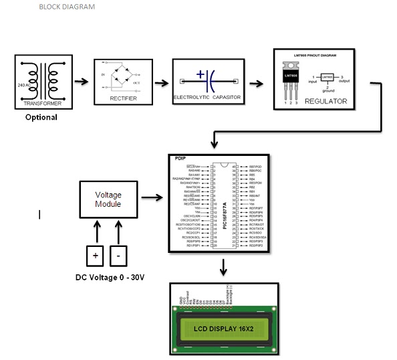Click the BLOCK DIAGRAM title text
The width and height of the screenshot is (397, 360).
pyautogui.click(x=67, y=7)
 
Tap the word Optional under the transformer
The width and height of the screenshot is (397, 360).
pyautogui.click(x=41, y=118)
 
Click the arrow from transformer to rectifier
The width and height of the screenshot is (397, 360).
pyautogui.click(x=81, y=83)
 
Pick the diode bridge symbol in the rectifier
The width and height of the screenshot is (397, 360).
pyautogui.click(x=120, y=76)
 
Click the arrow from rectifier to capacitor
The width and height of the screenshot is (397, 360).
pyautogui.click(x=161, y=83)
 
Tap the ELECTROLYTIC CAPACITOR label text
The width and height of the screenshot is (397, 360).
pyautogui.click(x=207, y=98)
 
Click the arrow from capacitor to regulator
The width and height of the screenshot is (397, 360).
pyautogui.click(x=257, y=83)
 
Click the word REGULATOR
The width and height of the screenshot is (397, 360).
pyautogui.click(x=326, y=101)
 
